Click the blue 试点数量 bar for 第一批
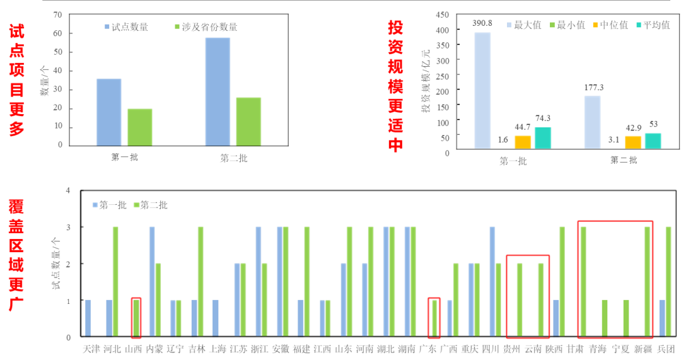(108, 112)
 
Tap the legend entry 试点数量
(130, 27)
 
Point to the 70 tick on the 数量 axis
(58, 15)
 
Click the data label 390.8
(482, 24)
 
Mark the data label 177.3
(593, 87)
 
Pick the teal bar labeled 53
(653, 141)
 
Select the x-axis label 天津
(91, 349)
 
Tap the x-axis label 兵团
(666, 349)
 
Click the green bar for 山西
(137, 318)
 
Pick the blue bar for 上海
(216, 318)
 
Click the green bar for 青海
(604, 318)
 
